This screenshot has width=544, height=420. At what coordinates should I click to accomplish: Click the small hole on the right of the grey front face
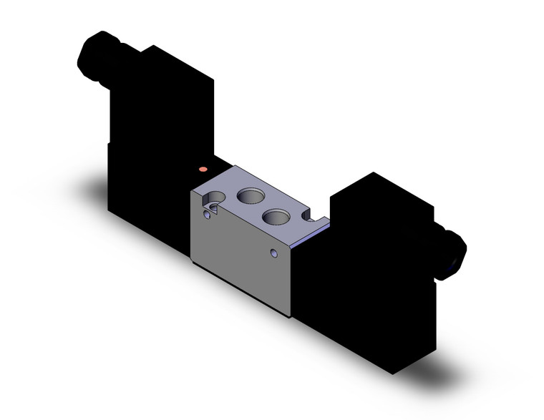tap(273, 253)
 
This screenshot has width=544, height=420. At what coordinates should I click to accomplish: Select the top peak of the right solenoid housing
tap(371, 173)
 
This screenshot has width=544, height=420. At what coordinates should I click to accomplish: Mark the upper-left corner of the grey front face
tap(193, 192)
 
